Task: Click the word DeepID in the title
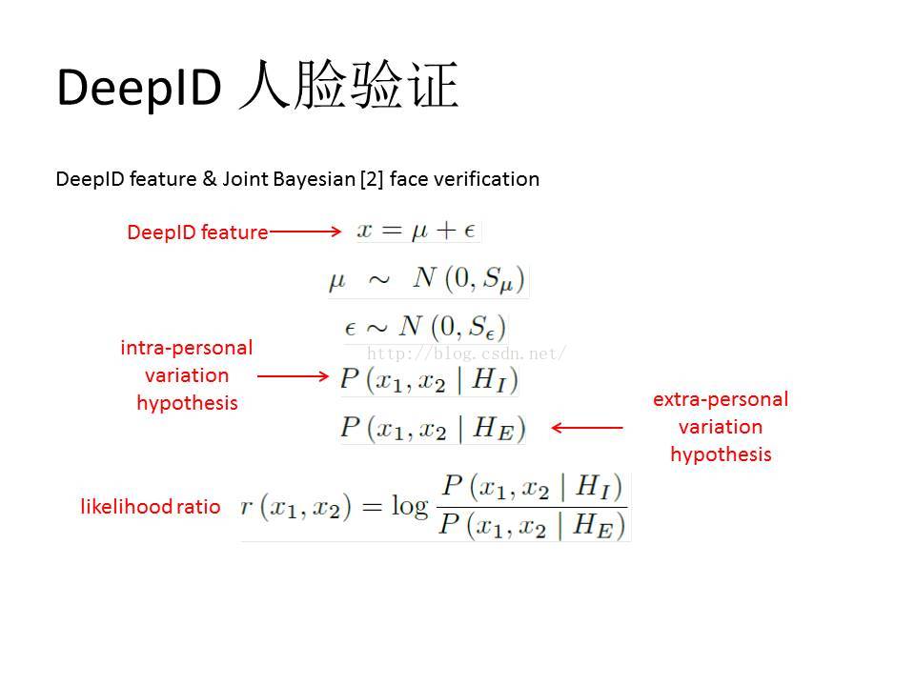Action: coord(139,87)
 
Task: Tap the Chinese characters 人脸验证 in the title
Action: coord(349,85)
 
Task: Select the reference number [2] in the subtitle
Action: coord(372,179)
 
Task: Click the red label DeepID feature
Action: coord(197,232)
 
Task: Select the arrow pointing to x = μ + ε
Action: coord(305,232)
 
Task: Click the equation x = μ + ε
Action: coord(417,231)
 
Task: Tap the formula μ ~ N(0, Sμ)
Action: coord(428,279)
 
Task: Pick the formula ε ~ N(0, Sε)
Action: coord(425,327)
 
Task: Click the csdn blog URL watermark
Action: coord(466,353)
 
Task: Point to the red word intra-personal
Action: coord(187,348)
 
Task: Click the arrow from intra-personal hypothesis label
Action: coord(293,376)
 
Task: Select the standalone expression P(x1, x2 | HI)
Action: coord(430,380)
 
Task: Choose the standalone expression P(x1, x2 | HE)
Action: coord(433,428)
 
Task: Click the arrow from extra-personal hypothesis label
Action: coord(587,428)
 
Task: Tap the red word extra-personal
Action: coord(721,399)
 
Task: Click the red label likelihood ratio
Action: coord(151,506)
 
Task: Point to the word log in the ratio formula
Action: coord(410,506)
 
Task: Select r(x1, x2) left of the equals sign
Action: coord(295,506)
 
